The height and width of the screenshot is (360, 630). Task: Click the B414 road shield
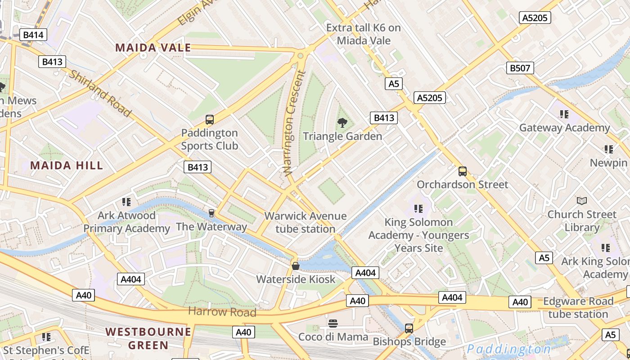tap(33, 35)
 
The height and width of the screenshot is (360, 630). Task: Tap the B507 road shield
tap(520, 68)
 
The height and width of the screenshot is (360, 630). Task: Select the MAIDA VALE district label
tap(153, 48)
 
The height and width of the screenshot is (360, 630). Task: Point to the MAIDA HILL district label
tap(67, 165)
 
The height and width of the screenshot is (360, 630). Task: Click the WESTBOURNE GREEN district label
tap(148, 338)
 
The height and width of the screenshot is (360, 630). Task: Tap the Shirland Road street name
tap(99, 93)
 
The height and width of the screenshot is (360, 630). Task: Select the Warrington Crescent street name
tap(295, 122)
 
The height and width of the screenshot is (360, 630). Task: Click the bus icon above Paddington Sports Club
tap(209, 120)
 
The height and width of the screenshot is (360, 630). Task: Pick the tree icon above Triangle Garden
tap(342, 122)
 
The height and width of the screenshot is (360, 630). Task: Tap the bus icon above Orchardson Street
tap(462, 171)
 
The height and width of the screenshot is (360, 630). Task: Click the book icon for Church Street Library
tap(581, 201)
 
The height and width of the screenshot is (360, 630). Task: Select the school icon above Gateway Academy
tap(564, 114)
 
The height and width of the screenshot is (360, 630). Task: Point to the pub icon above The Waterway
tap(211, 213)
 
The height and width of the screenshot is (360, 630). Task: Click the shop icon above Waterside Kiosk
tap(296, 266)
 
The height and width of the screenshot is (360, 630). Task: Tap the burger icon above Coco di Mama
tap(333, 323)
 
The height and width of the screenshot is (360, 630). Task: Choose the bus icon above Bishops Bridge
tap(409, 328)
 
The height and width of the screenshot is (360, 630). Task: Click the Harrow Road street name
tap(222, 311)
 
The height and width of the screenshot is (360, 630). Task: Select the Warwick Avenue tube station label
tap(306, 222)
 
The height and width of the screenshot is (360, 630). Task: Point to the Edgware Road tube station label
tap(578, 307)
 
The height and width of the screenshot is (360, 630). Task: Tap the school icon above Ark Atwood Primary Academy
tap(126, 202)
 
